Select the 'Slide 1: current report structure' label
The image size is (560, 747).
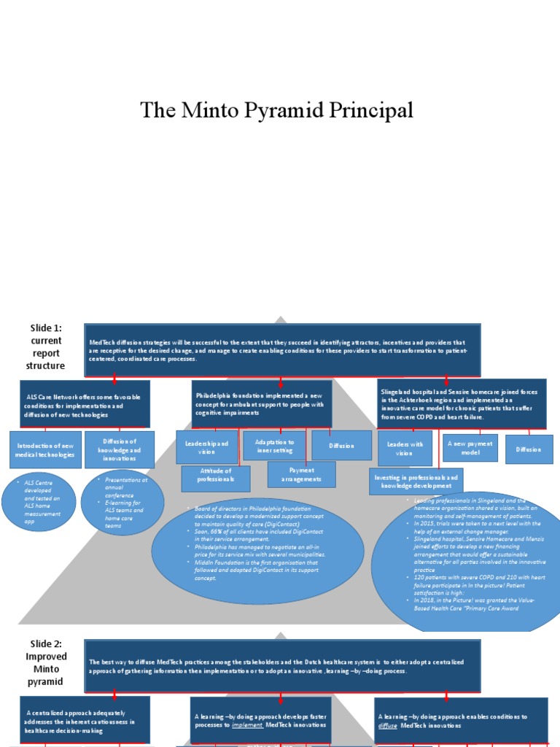click(46, 347)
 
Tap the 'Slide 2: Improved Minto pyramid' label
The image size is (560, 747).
click(46, 662)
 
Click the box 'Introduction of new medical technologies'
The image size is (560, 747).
click(44, 450)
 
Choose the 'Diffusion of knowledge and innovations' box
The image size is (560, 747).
click(120, 449)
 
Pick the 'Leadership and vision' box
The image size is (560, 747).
click(207, 447)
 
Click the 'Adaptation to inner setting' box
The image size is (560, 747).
click(274, 446)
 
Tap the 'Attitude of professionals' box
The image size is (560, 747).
click(216, 479)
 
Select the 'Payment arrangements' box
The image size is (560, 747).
click(301, 474)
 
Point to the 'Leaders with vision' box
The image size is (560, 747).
click(405, 448)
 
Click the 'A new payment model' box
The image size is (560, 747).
click(470, 448)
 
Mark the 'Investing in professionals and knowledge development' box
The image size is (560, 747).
click(416, 481)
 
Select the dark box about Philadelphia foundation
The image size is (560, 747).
click(262, 403)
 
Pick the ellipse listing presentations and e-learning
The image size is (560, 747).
click(122, 503)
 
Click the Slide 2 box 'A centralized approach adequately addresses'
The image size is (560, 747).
click(85, 719)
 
